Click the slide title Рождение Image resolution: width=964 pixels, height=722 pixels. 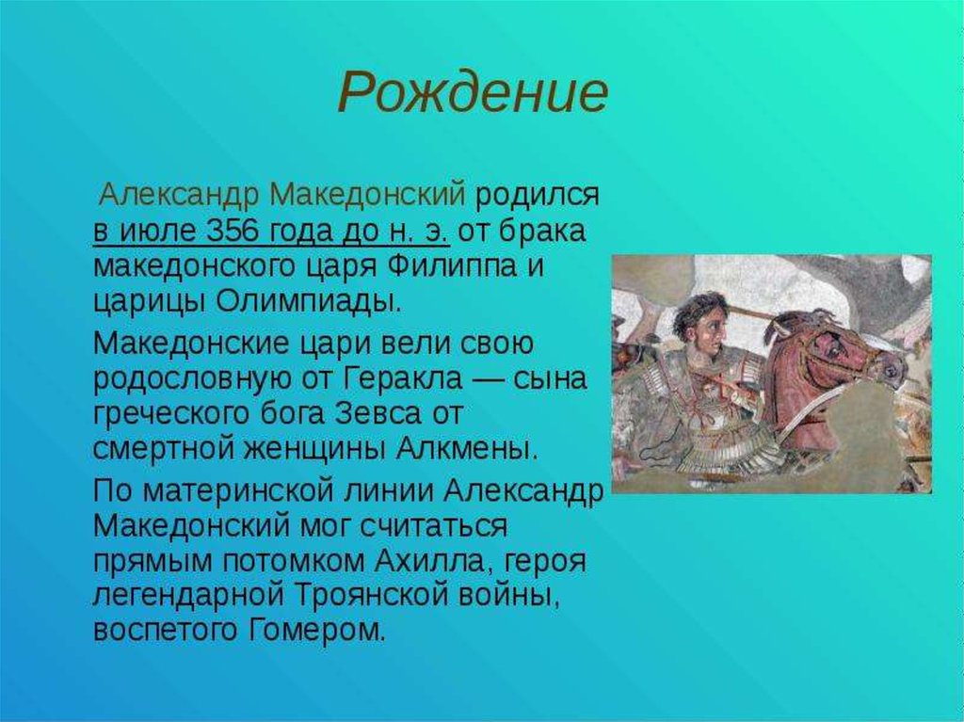(x=473, y=92)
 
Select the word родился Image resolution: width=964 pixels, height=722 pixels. (x=537, y=196)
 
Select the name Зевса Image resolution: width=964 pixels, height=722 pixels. (x=378, y=412)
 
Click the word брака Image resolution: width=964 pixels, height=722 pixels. (x=540, y=231)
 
